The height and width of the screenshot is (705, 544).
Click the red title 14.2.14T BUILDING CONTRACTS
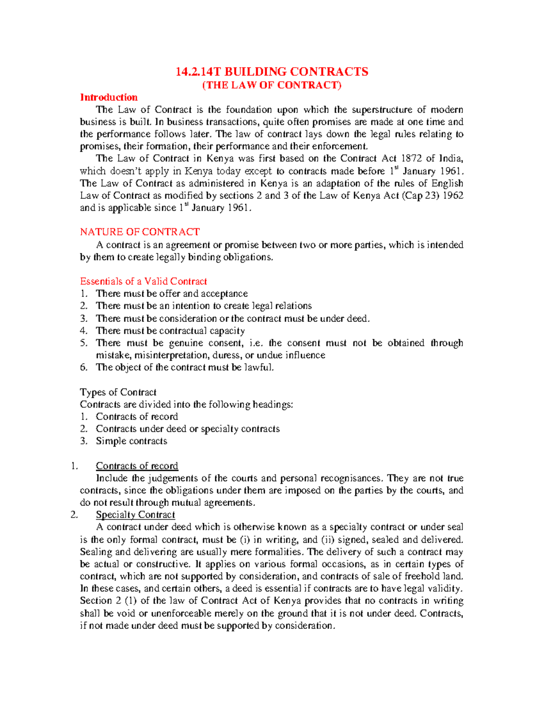pyautogui.click(x=272, y=72)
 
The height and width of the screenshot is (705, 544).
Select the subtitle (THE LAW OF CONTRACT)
pyautogui.click(x=272, y=85)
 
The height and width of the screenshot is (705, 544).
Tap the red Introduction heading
pyautogui.click(x=109, y=97)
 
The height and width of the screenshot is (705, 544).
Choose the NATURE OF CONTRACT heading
pyautogui.click(x=140, y=232)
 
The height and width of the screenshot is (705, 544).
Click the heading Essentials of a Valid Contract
pyautogui.click(x=143, y=281)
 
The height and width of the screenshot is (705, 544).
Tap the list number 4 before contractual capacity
pyautogui.click(x=83, y=331)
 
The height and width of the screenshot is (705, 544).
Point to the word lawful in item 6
pyautogui.click(x=259, y=368)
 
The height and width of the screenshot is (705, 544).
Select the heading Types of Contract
pyautogui.click(x=118, y=392)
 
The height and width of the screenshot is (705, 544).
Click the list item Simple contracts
pyautogui.click(x=131, y=441)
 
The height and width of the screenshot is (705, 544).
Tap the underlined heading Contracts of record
pyautogui.click(x=137, y=466)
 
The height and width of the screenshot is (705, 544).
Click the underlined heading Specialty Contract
pyautogui.click(x=135, y=515)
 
